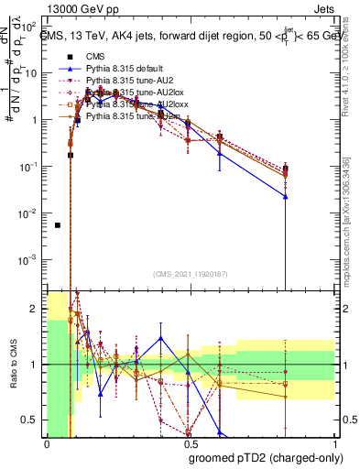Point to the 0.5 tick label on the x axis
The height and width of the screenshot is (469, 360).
coord(189,444)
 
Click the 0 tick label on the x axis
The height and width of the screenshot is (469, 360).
coord(47,444)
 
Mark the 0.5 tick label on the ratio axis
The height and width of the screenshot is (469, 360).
coord(31,420)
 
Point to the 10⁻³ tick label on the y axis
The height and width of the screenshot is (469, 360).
coord(30,259)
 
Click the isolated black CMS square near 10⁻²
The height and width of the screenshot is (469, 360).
coord(57,224)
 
